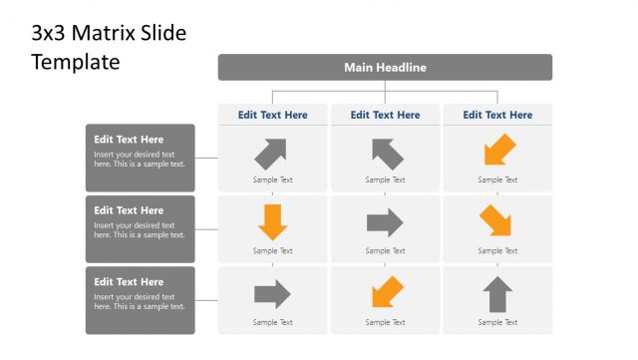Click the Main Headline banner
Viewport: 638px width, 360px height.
(x=385, y=67)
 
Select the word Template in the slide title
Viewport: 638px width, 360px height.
(x=75, y=62)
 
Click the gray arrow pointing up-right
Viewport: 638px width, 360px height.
(x=271, y=153)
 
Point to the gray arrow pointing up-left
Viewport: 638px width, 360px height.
(x=387, y=153)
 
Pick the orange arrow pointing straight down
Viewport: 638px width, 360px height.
(x=272, y=221)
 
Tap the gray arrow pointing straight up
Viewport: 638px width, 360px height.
(x=497, y=294)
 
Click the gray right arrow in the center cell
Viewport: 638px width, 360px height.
(x=385, y=221)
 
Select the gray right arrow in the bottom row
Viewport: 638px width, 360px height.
(x=272, y=294)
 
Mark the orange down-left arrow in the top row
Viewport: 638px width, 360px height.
(x=498, y=151)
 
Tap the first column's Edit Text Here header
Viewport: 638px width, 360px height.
(x=273, y=115)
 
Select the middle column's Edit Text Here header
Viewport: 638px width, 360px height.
(x=385, y=115)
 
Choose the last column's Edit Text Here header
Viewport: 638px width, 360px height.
(x=497, y=115)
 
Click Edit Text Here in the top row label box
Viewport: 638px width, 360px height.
(x=129, y=140)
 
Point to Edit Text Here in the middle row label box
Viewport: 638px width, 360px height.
(x=129, y=210)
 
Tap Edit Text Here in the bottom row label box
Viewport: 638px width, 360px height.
(x=129, y=282)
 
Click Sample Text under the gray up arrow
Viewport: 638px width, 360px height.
(x=497, y=322)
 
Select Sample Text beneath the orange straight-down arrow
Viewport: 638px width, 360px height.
(x=272, y=251)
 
